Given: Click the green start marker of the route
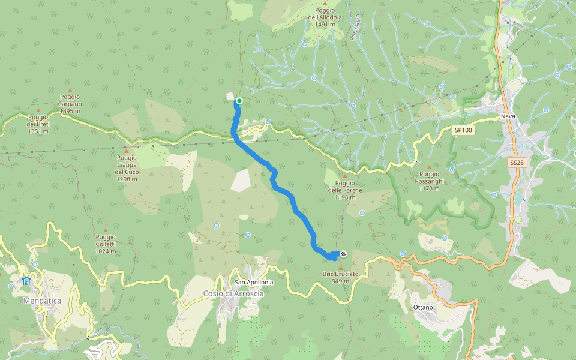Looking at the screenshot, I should point(239,101).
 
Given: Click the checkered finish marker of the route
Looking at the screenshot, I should point(343,254).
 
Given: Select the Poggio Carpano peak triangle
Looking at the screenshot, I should point(70,89).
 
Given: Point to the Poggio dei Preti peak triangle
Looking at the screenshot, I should point(38,110).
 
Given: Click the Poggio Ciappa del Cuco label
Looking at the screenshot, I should point(127,165).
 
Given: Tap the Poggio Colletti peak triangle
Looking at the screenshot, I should point(106,230).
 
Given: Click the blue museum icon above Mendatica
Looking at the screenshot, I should point(26,281).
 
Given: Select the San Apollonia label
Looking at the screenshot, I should point(254,282).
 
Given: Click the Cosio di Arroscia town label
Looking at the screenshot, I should point(233,293).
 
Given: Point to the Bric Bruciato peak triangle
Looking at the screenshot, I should point(341,268).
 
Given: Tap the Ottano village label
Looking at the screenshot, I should point(424,307).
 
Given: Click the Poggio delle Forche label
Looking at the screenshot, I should point(345,190).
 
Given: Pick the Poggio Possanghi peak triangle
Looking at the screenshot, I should point(428,167).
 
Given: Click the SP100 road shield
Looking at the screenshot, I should point(463,130).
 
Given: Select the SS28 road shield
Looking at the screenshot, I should point(516,163).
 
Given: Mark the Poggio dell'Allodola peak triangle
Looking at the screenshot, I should point(325,4).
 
